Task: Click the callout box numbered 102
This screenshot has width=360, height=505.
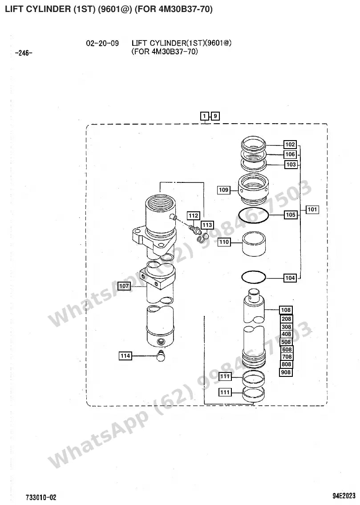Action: tap(290, 145)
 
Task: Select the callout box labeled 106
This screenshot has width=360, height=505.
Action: tap(290, 154)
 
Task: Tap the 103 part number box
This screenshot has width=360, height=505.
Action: tap(291, 165)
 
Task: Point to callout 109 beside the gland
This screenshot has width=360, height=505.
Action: tap(223, 190)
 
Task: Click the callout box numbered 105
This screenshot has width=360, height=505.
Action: tap(291, 214)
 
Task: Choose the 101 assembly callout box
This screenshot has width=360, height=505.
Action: tap(312, 210)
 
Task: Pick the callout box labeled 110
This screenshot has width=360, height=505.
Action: tap(224, 242)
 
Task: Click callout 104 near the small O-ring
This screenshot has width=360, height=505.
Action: tap(290, 278)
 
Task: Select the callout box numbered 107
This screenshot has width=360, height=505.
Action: tap(124, 286)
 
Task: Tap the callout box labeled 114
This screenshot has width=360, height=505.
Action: tap(125, 356)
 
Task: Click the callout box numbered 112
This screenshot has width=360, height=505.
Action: tap(194, 216)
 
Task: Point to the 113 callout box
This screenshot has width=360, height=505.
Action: tap(207, 225)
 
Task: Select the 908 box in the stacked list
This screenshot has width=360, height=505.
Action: tap(286, 372)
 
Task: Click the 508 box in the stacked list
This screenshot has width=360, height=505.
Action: tap(286, 342)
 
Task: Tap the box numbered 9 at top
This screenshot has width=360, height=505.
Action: tap(215, 116)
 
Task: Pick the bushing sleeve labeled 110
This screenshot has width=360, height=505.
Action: tap(254, 244)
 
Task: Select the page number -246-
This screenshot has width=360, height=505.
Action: tap(24, 53)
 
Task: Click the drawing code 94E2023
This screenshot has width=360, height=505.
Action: tap(344, 495)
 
